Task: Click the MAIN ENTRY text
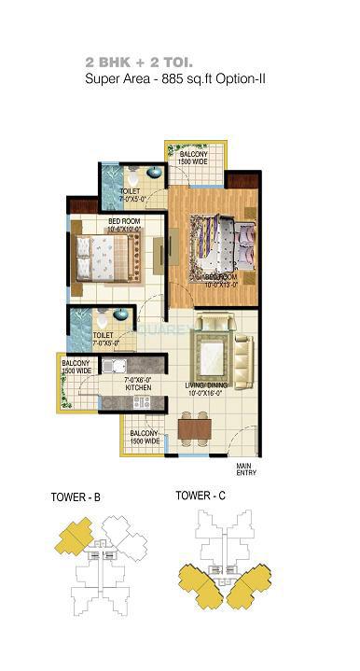(245, 469)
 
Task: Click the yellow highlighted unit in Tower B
(71, 538)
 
